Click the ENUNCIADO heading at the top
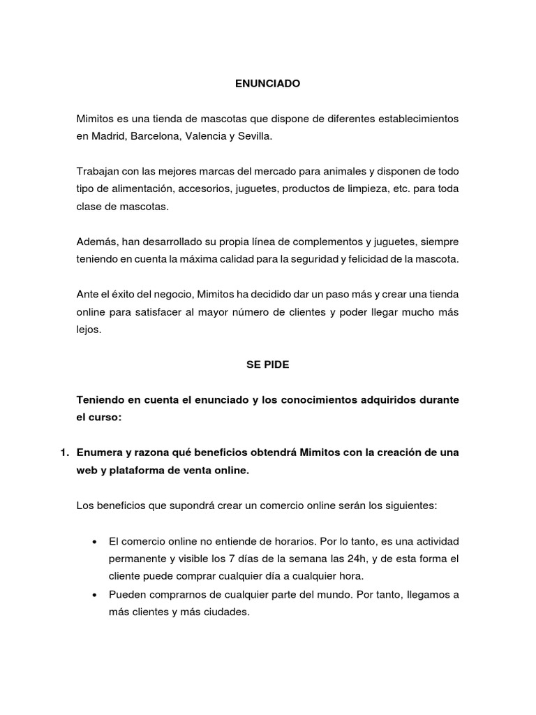pyautogui.click(x=267, y=84)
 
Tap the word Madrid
pyautogui.click(x=107, y=136)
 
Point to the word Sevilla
pyautogui.click(x=254, y=136)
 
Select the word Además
pyautogui.click(x=97, y=242)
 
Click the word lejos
pyautogui.click(x=89, y=330)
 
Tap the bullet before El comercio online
pyautogui.click(x=94, y=542)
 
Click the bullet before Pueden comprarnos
pyautogui.click(x=94, y=595)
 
